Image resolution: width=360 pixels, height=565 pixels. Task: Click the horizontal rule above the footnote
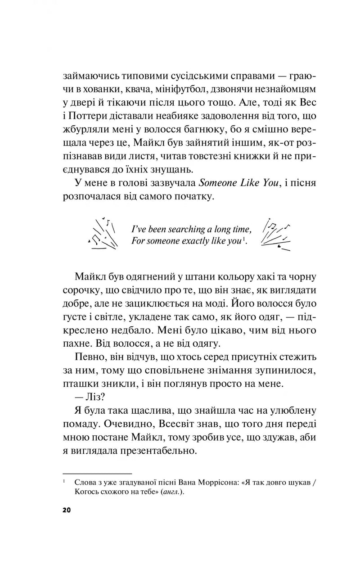pyautogui.click(x=97, y=474)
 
